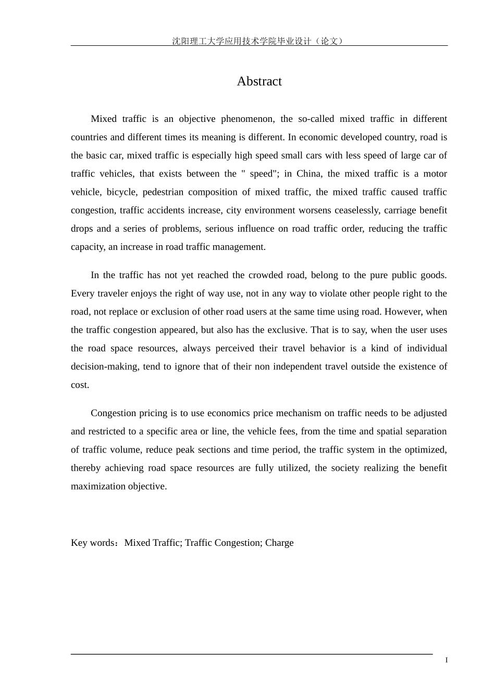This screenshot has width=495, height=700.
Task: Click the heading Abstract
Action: tap(259, 81)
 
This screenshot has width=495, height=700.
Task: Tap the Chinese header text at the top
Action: tap(258, 41)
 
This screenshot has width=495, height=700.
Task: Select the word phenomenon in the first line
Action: tap(247, 119)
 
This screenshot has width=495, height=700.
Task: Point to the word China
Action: tap(309, 173)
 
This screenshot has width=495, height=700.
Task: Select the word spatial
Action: tap(391, 431)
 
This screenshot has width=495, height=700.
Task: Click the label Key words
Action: tap(93, 543)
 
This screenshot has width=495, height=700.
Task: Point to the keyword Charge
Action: tap(279, 543)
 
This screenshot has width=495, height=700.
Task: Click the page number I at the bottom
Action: tap(446, 660)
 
